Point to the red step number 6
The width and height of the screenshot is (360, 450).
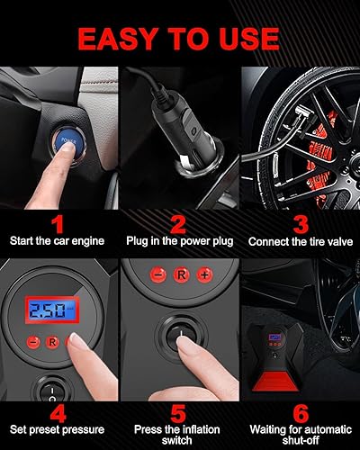coord(300,413)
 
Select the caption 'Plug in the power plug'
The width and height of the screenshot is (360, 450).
coord(179,241)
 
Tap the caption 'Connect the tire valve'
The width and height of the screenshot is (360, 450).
coord(300,241)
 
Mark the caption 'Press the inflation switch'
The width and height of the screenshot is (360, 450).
coord(179,433)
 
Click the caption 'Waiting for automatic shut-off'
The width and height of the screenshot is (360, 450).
coord(300,433)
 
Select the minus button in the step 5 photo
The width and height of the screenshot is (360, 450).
coord(155,273)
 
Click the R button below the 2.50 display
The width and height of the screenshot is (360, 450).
coord(52,342)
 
